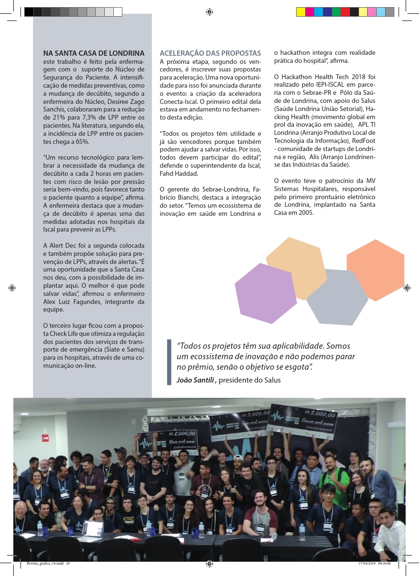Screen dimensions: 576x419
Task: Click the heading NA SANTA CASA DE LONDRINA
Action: click(x=94, y=53)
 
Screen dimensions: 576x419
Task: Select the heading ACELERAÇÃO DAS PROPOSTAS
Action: click(x=210, y=53)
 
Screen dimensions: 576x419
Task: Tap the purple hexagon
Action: click(x=265, y=293)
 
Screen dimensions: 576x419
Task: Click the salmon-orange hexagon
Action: click(x=376, y=270)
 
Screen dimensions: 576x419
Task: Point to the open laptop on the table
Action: click(x=93, y=528)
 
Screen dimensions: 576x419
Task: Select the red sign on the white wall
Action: click(x=46, y=437)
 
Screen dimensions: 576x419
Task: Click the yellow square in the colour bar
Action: click(x=300, y=12)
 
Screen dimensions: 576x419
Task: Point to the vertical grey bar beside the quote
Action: click(x=169, y=362)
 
